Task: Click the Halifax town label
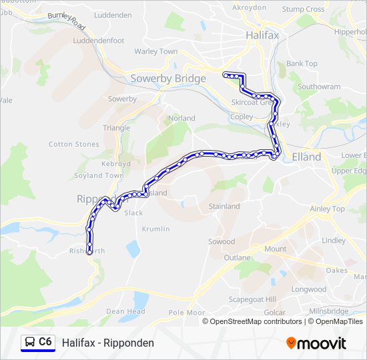point(262,34)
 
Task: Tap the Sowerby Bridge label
point(168,79)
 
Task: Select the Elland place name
point(306,157)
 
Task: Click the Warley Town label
point(155,51)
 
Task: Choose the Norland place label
point(182,118)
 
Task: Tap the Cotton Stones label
point(74,144)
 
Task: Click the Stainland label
point(224,206)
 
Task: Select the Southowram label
point(319,87)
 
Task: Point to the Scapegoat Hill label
point(254,299)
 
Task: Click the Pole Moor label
point(187,312)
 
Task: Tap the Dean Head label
point(125,311)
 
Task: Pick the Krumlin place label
point(155,229)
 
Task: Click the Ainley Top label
point(328,209)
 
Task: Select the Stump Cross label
point(303,9)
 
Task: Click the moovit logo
point(316,343)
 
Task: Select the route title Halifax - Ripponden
point(108,343)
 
